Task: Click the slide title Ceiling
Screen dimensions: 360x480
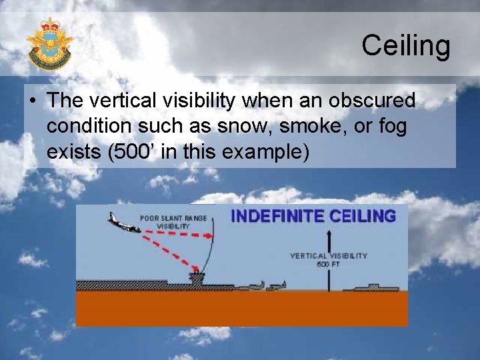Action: tap(405, 46)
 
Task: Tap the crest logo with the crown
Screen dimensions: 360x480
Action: tap(49, 44)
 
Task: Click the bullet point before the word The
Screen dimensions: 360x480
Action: tap(33, 101)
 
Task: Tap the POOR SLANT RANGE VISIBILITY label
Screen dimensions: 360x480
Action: tap(164, 222)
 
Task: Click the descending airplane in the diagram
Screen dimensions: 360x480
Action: tap(124, 223)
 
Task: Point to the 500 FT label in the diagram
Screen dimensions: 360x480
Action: tap(328, 264)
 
